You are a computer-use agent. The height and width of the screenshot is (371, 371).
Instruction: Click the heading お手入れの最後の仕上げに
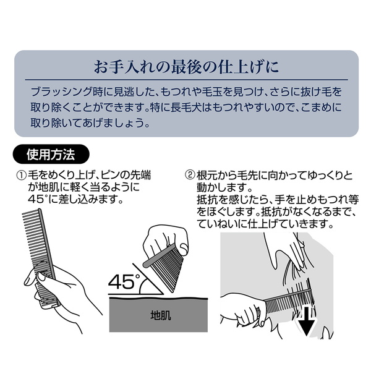(x=186, y=67)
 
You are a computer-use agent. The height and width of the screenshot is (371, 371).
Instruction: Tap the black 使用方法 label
(x=51, y=155)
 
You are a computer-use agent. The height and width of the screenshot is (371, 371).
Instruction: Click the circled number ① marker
(x=21, y=176)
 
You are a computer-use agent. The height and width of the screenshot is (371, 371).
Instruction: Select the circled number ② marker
(x=190, y=176)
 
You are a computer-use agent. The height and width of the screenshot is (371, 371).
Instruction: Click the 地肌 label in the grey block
(x=160, y=315)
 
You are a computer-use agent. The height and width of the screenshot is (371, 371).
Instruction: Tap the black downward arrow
(x=306, y=321)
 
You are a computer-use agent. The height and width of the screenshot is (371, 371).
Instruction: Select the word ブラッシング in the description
(x=61, y=92)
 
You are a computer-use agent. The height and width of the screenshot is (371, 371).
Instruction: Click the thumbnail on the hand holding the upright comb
(x=41, y=276)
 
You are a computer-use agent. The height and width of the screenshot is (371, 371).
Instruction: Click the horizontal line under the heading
(x=187, y=80)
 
